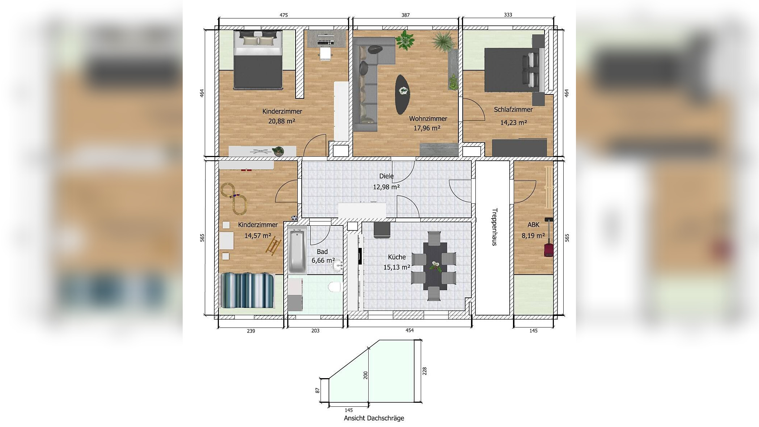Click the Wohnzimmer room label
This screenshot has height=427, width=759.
click(x=428, y=119)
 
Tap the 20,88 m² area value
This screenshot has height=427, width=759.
click(x=281, y=121)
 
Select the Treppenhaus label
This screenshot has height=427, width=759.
click(x=494, y=227)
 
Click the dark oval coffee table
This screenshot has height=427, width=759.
click(x=402, y=94)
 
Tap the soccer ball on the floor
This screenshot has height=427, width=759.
click(x=294, y=218)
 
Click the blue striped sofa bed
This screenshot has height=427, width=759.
click(x=247, y=291)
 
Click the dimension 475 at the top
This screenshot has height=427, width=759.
click(x=284, y=15)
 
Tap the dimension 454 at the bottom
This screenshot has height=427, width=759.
click(x=409, y=330)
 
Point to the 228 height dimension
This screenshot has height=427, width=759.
click(x=424, y=371)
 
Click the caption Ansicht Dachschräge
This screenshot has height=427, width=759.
click(x=374, y=418)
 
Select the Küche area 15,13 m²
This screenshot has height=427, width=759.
click(x=397, y=267)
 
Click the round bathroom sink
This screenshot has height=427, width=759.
click(x=338, y=266)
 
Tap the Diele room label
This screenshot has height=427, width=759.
click(x=386, y=176)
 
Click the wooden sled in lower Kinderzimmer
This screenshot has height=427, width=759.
click(x=274, y=246)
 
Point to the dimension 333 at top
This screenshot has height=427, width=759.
click(x=508, y=15)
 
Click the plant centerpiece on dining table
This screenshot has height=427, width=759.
click(x=435, y=267)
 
